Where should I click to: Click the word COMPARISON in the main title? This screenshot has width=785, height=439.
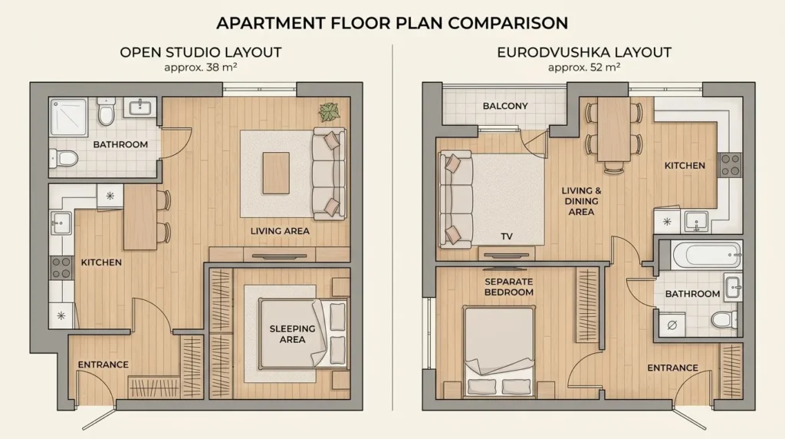(507, 23)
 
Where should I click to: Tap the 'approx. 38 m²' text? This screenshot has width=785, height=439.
(200, 67)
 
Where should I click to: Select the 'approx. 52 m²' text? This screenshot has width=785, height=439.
(583, 67)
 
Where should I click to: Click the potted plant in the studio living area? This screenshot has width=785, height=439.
(330, 112)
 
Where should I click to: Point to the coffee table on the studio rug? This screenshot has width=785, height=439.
(276, 173)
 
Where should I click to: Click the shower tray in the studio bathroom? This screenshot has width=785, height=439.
(68, 117)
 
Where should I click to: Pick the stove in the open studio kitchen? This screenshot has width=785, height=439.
(61, 268)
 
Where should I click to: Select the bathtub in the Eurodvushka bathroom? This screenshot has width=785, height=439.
(706, 255)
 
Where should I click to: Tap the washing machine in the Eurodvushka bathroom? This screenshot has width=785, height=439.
(672, 324)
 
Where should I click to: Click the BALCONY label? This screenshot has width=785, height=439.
(505, 106)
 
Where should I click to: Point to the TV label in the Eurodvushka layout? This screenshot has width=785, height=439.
(507, 236)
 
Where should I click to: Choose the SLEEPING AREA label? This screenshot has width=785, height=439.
(292, 335)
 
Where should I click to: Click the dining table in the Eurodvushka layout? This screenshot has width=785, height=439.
(614, 129)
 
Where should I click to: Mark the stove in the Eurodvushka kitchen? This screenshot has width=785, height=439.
(730, 165)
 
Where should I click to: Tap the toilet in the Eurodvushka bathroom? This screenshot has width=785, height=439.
(724, 319)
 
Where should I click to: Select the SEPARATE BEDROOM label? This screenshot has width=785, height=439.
(509, 286)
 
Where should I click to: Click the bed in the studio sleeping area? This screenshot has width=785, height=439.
(303, 334)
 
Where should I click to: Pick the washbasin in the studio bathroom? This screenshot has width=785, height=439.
(140, 107)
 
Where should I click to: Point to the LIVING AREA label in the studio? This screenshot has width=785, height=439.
(280, 231)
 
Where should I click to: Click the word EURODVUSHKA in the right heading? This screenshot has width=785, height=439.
(553, 53)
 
